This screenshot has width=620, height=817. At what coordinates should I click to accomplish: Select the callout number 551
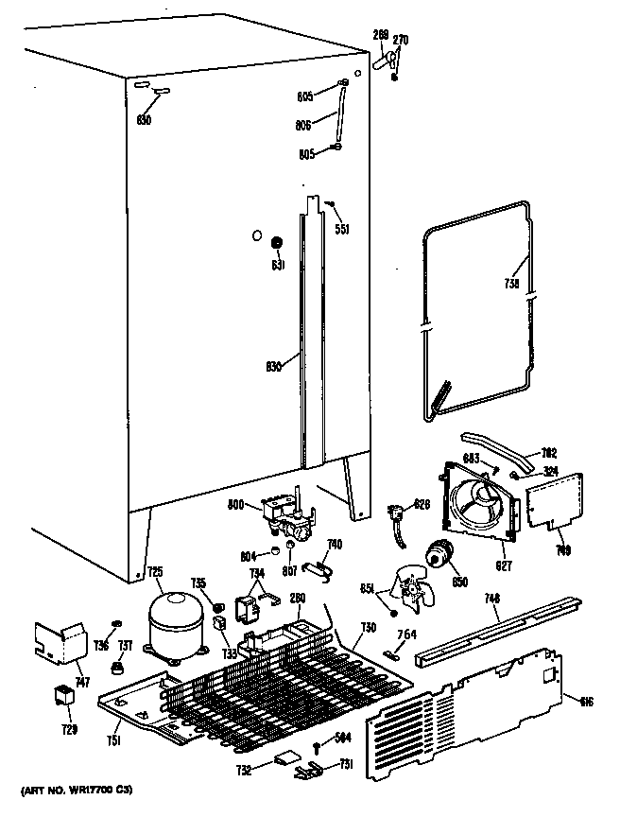(x=342, y=228)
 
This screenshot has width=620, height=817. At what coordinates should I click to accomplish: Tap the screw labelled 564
(x=317, y=746)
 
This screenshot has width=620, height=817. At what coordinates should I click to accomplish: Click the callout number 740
(x=332, y=544)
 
